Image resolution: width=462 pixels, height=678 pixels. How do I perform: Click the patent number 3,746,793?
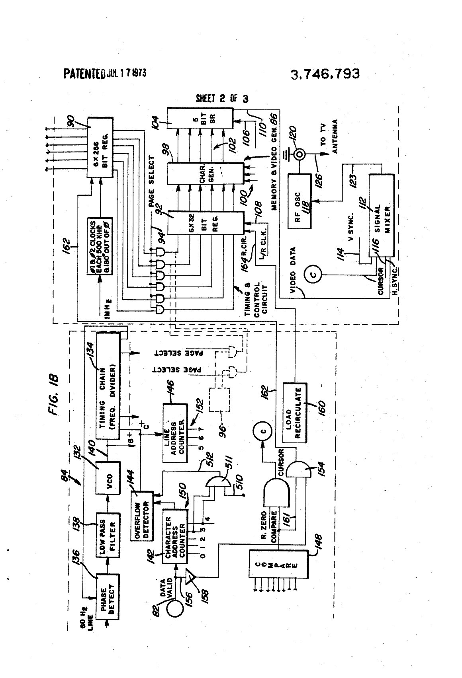[x=325, y=74]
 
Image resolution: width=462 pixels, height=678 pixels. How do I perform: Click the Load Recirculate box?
[x=295, y=413]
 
